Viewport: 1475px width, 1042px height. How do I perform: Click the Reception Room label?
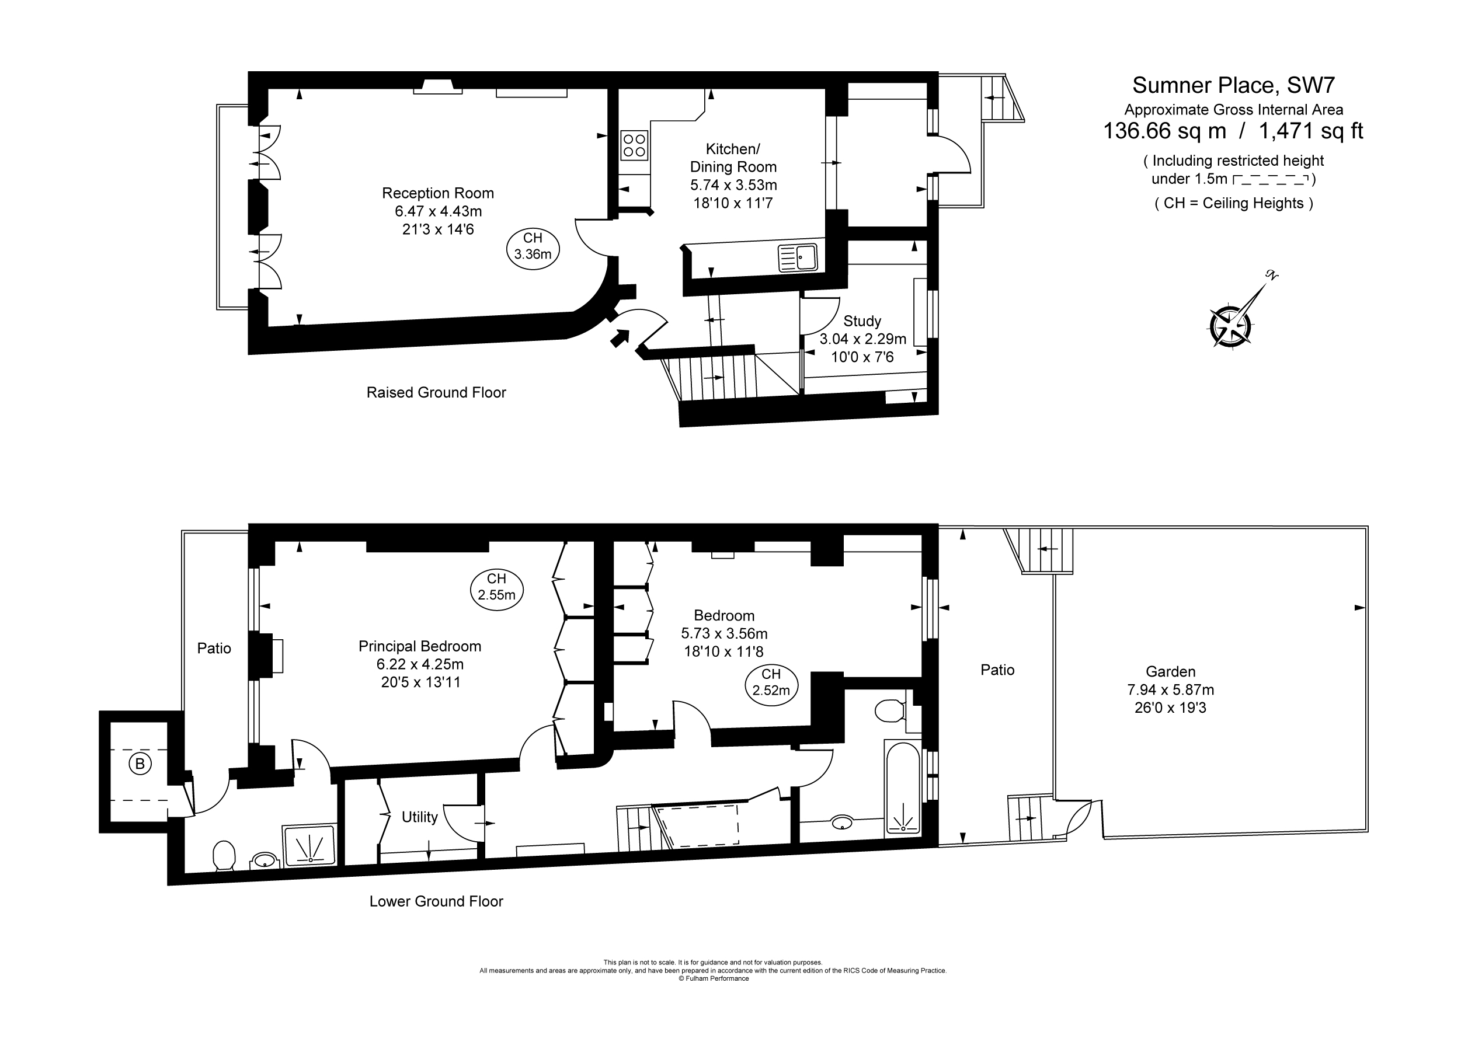click(x=437, y=193)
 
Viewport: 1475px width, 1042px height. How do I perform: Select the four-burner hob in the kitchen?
click(x=634, y=145)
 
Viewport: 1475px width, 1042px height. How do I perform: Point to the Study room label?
click(x=861, y=321)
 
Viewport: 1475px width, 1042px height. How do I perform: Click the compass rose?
click(x=1230, y=325)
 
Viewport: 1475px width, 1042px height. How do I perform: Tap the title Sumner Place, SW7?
click(x=1233, y=85)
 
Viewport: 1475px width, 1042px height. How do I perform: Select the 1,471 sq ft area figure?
click(x=1310, y=131)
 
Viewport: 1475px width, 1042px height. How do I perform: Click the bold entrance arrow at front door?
click(x=620, y=337)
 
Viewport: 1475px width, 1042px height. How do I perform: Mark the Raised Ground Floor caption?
click(x=436, y=392)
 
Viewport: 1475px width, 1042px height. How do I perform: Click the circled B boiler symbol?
click(x=140, y=764)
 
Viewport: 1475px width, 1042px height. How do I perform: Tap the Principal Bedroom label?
click(x=419, y=646)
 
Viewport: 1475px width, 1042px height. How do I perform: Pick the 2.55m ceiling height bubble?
click(x=496, y=587)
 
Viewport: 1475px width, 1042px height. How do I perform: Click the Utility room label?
click(x=419, y=817)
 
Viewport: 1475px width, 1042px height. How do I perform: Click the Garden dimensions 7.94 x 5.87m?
click(x=1171, y=690)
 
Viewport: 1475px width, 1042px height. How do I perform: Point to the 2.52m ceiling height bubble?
click(x=771, y=683)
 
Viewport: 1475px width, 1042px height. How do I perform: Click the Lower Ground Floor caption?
click(x=436, y=901)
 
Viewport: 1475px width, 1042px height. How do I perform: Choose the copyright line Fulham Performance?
click(x=713, y=978)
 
